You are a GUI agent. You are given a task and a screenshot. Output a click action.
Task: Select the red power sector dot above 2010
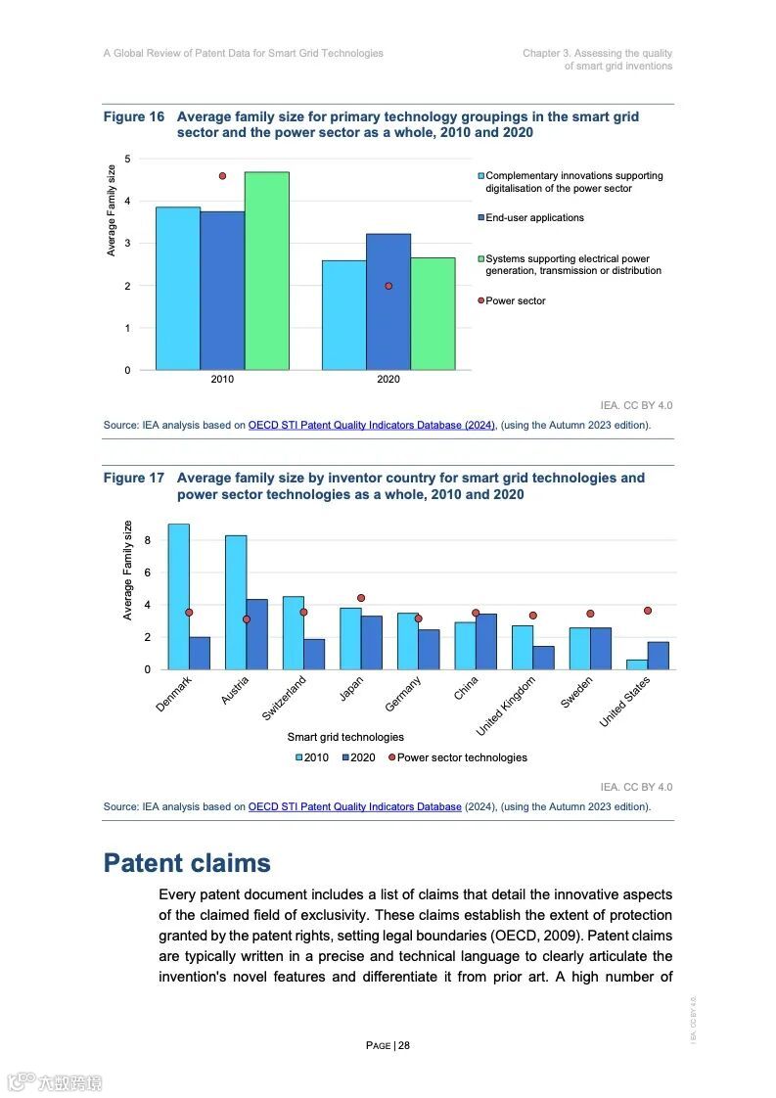[x=222, y=176]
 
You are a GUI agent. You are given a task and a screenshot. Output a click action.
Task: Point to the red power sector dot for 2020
[x=388, y=286]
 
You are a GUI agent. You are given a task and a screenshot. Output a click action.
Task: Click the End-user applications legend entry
[x=533, y=218]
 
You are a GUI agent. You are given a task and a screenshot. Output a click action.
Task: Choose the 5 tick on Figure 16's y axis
[x=127, y=160]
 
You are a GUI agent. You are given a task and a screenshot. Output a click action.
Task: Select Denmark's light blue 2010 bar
[x=178, y=597]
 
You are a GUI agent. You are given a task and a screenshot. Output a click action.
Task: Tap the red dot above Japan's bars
[x=361, y=598]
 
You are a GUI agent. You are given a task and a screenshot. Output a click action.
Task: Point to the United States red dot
[x=648, y=611]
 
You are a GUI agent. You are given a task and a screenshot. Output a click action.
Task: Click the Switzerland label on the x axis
[x=285, y=698]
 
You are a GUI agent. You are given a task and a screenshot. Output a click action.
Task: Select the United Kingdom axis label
[x=506, y=705]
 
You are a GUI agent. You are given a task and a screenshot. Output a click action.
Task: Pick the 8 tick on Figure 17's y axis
[x=147, y=540]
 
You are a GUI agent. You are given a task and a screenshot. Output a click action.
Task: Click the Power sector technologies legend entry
[x=461, y=757]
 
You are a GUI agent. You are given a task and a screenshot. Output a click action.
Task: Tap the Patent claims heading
[x=187, y=863]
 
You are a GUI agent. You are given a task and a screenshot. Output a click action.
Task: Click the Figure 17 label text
[x=134, y=479]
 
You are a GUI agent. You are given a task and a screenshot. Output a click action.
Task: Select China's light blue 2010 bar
[x=465, y=646]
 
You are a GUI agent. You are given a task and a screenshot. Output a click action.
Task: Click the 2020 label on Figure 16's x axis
[x=388, y=380]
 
